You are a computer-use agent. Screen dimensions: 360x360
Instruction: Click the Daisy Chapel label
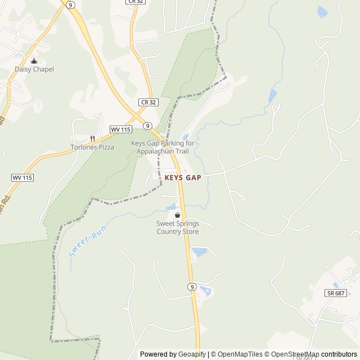coord(34,69)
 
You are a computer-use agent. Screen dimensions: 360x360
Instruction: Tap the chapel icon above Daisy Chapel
coord(34,61)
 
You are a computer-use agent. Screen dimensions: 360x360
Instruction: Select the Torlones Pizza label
coord(92,147)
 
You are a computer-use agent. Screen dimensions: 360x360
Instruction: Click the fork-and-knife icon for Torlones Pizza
coord(92,138)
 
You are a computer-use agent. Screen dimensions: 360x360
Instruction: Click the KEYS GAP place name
coord(183,177)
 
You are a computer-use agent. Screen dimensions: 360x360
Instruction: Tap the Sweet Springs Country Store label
coord(178,227)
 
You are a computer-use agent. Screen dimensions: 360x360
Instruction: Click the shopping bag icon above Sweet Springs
coord(178,215)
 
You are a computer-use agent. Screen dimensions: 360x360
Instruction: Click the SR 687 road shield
coord(336,293)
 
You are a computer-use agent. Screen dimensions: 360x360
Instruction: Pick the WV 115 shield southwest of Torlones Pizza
coord(22,177)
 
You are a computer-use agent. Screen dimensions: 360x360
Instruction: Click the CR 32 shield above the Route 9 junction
coord(148,102)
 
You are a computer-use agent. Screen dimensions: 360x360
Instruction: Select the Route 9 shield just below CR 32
coord(147,125)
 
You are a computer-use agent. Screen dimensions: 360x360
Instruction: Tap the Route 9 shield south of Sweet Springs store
coord(192,286)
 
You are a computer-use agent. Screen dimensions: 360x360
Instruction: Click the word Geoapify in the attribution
coord(192,354)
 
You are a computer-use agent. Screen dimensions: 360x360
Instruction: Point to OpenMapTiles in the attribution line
coord(240,354)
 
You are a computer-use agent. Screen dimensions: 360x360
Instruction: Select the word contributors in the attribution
coord(339,354)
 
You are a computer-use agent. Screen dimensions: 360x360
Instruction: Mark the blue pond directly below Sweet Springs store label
coord(199,251)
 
